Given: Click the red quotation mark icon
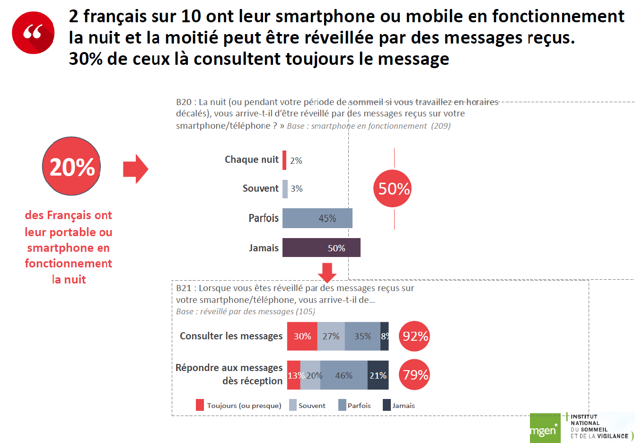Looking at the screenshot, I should tap(33, 33).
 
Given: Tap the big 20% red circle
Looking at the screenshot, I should tap(71, 166).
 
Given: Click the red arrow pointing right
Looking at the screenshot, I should tap(135, 168).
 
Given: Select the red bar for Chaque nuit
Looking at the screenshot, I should tap(284, 160).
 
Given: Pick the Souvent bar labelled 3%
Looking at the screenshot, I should tap(285, 189).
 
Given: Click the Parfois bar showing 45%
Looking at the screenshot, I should tap(317, 218).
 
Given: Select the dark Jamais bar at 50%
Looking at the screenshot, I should tap(321, 248).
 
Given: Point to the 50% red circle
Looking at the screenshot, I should tap(393, 188).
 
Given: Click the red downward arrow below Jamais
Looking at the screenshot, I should tap(327, 272).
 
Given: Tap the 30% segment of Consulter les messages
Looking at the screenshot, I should tap(302, 336).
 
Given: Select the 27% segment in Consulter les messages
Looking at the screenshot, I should tap(331, 336).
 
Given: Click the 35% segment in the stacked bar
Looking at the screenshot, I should tap(362, 336).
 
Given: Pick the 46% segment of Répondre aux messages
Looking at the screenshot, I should tap(344, 375).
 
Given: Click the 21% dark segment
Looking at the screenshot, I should tap(378, 375).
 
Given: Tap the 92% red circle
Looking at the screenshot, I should tap(415, 336).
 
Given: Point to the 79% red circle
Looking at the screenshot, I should tap(415, 375).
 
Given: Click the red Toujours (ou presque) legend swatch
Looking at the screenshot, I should tap(200, 405).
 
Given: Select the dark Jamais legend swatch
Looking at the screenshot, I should tap(387, 405).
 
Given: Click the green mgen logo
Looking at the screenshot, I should tap(545, 429).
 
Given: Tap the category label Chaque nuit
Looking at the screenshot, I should tap(251, 159).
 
